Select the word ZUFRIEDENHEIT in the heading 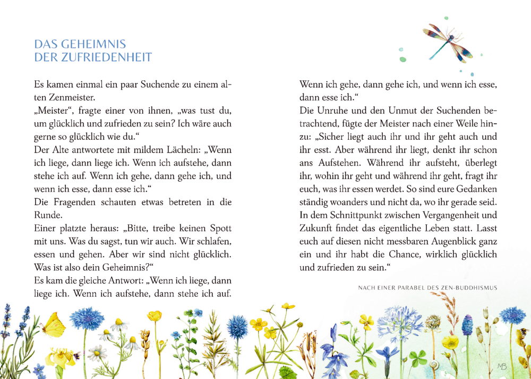(106, 57)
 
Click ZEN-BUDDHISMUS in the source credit (469, 288)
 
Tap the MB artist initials (502, 366)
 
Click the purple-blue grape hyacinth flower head (467, 325)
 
